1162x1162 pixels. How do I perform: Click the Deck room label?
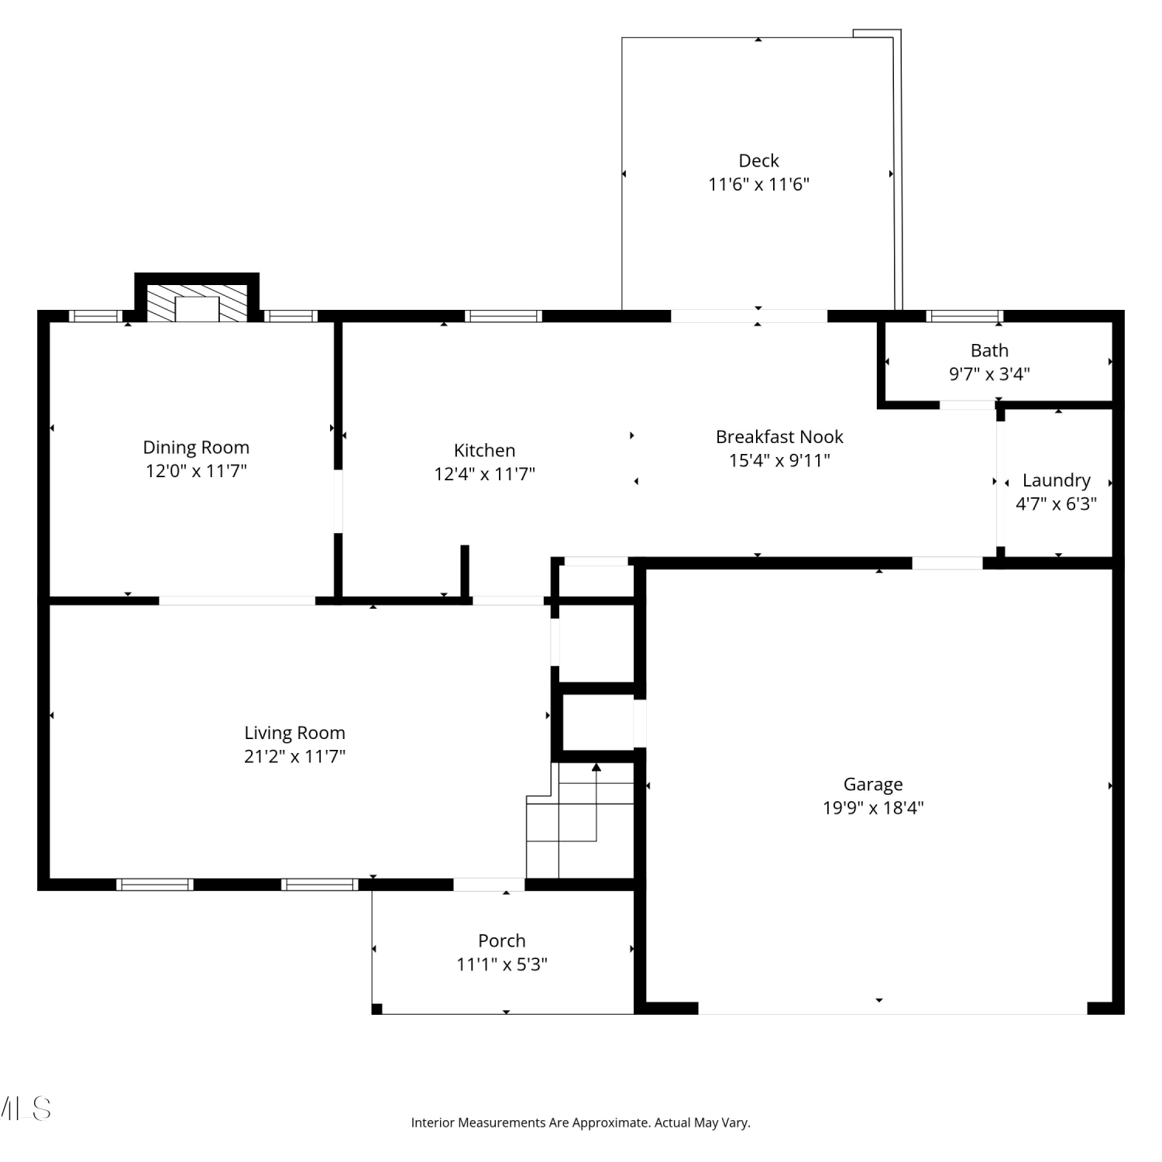click(x=758, y=160)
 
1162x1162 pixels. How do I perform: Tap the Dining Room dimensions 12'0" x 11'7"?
click(x=196, y=471)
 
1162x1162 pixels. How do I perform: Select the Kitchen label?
click(x=484, y=450)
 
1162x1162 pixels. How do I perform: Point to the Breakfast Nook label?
click(x=779, y=437)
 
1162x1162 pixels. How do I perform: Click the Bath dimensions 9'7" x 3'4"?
click(x=989, y=374)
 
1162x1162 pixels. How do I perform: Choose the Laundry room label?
click(x=1056, y=481)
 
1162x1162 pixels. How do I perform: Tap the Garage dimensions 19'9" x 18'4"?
click(x=873, y=808)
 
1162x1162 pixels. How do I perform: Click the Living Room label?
click(x=294, y=733)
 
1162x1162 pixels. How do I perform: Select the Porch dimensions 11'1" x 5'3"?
click(x=502, y=964)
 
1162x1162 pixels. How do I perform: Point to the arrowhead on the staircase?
click(x=596, y=767)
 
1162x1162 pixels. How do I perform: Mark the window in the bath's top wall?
click(x=964, y=316)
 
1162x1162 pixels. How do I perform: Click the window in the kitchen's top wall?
click(x=504, y=316)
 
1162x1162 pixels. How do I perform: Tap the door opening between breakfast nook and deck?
click(x=749, y=316)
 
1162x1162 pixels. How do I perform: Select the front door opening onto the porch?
click(x=489, y=885)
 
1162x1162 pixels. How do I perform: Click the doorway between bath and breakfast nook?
click(x=968, y=404)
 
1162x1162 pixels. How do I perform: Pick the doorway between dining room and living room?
click(x=237, y=600)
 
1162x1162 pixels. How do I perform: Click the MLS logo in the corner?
click(x=26, y=1109)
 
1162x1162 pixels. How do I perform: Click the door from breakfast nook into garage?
click(x=947, y=563)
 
